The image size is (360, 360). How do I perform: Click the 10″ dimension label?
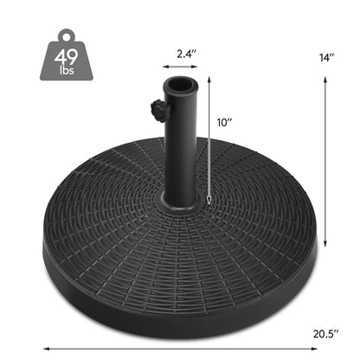[227, 123]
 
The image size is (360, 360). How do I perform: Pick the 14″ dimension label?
[326, 57]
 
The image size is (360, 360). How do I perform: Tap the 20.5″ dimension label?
[325, 331]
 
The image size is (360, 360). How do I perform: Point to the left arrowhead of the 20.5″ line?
[43, 348]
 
